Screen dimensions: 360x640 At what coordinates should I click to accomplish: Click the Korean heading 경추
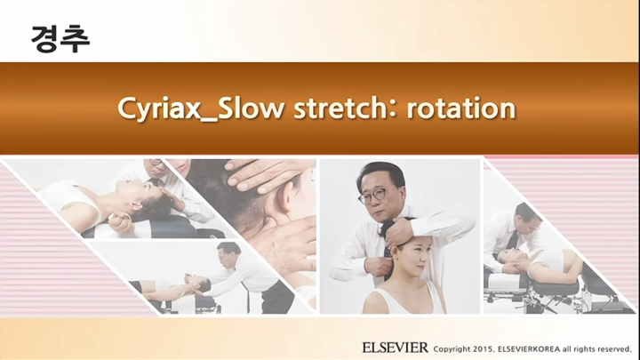(60, 38)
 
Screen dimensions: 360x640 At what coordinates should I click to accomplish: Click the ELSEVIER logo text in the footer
(395, 347)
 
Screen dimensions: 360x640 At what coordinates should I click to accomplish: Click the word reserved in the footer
(612, 348)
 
